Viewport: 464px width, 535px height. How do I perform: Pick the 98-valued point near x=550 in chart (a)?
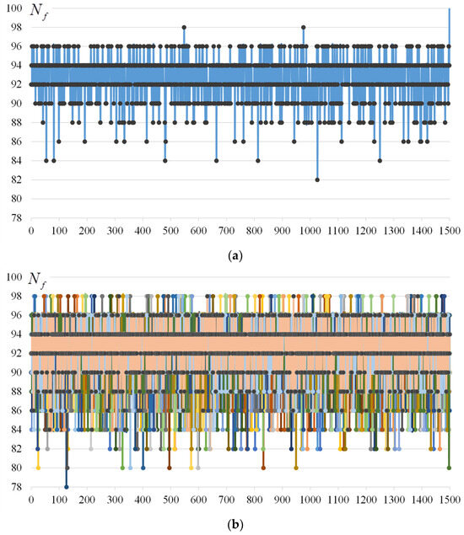[184, 27]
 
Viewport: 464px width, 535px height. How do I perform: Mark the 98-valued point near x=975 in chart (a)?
[303, 27]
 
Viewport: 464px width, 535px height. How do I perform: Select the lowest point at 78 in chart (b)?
[66, 486]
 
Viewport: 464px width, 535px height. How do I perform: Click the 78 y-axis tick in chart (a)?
[15, 218]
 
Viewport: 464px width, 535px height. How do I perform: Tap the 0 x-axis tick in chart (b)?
[31, 498]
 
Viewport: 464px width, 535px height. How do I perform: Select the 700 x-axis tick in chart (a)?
[226, 230]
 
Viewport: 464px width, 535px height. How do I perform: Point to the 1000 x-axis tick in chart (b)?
[310, 498]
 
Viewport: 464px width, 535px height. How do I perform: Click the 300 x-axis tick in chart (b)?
[115, 498]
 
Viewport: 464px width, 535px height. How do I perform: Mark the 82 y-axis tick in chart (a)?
[15, 179]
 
